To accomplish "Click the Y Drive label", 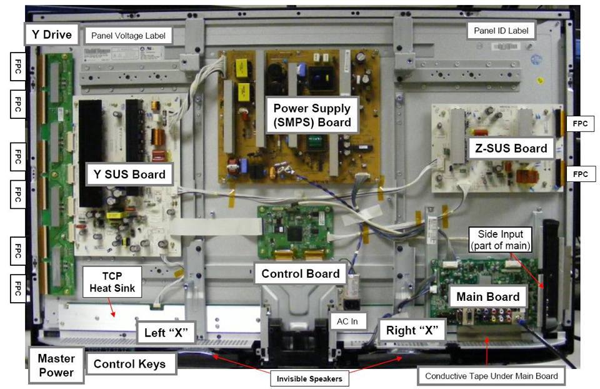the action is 52,34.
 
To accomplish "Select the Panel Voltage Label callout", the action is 128,36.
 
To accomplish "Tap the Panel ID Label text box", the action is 501,31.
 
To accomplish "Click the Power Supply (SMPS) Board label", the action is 312,115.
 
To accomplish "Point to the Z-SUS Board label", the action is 511,148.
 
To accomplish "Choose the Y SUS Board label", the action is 129,174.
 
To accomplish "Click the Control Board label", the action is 301,273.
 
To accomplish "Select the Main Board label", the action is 488,296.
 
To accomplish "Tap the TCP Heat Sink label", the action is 112,282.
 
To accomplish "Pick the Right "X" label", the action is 412,330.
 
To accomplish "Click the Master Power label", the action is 56,365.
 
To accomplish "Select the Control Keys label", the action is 130,364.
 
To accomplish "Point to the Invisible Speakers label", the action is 309,378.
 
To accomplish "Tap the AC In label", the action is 347,321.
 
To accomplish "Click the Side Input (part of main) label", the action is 501,240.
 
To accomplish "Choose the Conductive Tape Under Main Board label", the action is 491,376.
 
